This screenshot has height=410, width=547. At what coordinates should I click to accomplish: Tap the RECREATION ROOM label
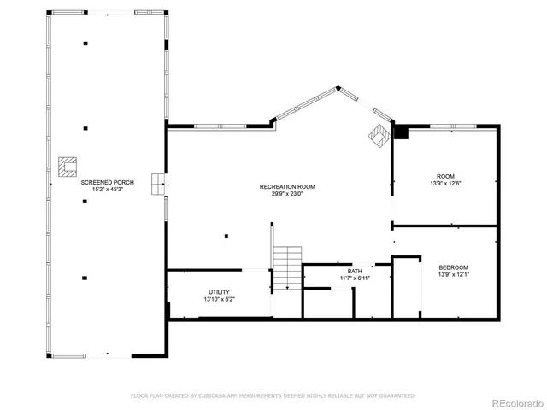[287, 186]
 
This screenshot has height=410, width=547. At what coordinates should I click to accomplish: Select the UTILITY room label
[219, 292]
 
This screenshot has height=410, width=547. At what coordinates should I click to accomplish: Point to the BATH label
[354, 271]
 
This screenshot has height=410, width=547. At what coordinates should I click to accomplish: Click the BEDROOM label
[453, 267]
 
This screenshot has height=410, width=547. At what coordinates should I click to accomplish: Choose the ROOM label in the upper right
[446, 176]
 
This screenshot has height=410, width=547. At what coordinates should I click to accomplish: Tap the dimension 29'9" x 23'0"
[287, 193]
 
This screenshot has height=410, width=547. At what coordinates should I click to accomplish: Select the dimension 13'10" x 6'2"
[219, 299]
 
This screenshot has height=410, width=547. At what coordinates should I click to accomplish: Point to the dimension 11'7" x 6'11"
[354, 278]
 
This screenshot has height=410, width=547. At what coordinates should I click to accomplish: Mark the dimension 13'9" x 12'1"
[453, 274]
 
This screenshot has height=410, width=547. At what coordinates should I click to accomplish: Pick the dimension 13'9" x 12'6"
[446, 183]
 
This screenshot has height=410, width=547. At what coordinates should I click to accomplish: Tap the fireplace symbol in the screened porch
[66, 166]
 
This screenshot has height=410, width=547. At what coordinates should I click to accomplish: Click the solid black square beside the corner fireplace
[401, 132]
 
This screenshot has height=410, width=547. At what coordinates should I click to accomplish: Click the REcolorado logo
[513, 401]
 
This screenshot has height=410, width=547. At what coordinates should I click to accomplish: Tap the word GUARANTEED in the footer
[398, 395]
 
